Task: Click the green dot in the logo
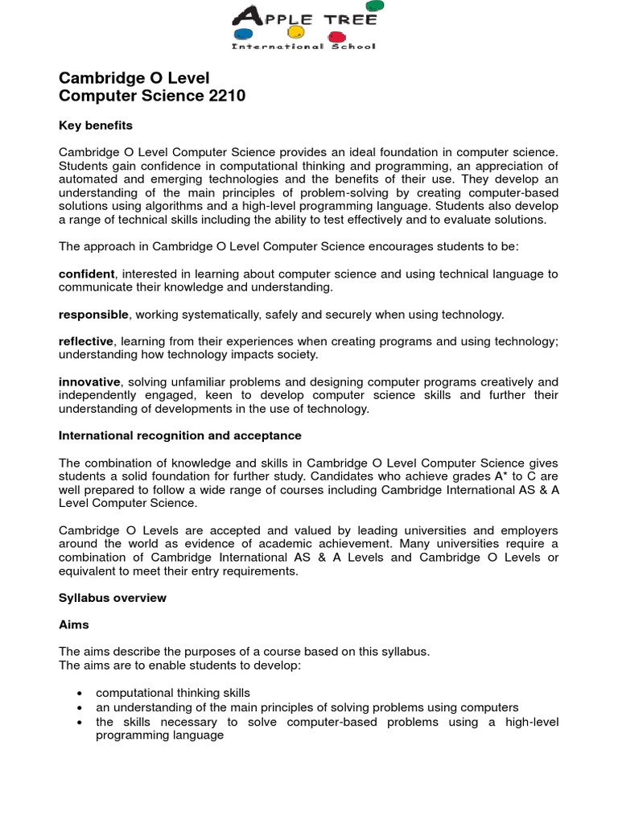(376, 7)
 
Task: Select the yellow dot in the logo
(296, 33)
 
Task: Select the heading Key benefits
(96, 126)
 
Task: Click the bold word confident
(87, 274)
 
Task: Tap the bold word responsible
(93, 315)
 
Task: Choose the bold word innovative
(89, 381)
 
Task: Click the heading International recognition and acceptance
(180, 435)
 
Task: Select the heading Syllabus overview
(113, 598)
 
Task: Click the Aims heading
(74, 624)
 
